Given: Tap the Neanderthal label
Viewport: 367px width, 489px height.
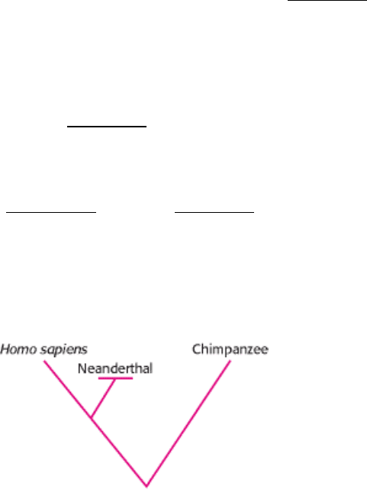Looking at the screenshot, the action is tap(115, 368).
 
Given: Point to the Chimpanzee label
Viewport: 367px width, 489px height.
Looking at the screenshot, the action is tap(230, 349).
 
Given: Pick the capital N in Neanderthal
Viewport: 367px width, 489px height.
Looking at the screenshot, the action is tap(82, 368).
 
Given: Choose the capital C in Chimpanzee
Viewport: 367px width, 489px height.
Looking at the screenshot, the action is tap(197, 349).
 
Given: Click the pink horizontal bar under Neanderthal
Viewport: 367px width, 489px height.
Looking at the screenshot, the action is tap(115, 378).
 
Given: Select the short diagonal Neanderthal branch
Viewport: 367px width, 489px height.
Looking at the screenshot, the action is tap(103, 398).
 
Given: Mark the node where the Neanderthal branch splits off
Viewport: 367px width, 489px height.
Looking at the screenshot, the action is tap(91, 417).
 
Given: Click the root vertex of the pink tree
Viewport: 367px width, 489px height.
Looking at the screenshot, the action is tap(146, 486).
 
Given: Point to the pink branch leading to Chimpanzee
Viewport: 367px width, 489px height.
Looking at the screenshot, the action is tap(188, 423).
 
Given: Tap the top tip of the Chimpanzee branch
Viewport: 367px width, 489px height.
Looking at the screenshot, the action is tap(230, 361).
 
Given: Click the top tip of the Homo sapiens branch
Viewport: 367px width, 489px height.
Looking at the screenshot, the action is tap(44, 361).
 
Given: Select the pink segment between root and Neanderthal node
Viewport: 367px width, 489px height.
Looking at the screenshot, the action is tap(119, 452).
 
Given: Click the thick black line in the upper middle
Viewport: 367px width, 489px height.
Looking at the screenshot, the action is tap(107, 127).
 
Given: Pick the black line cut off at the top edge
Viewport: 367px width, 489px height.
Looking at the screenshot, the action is tap(327, 0).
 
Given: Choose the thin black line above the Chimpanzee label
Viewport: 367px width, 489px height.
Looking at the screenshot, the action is tap(214, 212).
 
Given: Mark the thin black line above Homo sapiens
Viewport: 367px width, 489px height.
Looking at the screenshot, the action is tap(51, 212).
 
